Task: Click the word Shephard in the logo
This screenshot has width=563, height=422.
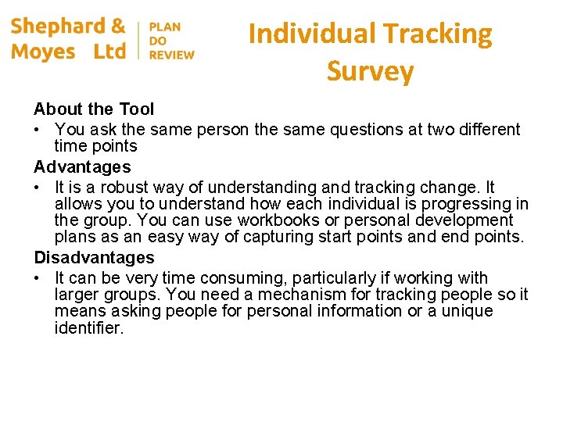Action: pyautogui.click(x=57, y=26)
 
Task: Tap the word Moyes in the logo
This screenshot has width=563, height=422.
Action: pyautogui.click(x=43, y=52)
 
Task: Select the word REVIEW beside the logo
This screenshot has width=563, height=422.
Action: pyautogui.click(x=171, y=55)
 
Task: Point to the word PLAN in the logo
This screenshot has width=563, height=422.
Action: pyautogui.click(x=164, y=27)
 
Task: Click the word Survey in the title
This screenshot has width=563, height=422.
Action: pyautogui.click(x=370, y=71)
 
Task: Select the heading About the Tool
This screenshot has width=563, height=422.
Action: pyautogui.click(x=94, y=109)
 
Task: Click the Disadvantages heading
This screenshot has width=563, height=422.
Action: pyautogui.click(x=94, y=258)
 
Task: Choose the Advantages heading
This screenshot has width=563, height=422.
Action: pyautogui.click(x=82, y=167)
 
